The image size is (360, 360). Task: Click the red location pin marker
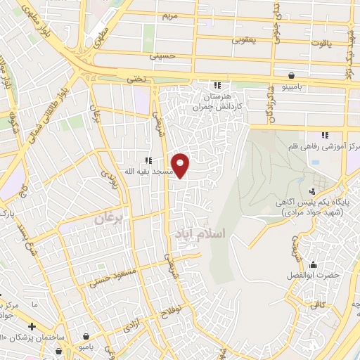point(181,165)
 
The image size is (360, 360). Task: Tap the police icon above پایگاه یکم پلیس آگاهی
point(313,191)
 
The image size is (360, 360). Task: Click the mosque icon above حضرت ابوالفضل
point(313,265)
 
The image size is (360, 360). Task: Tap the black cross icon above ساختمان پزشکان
point(32,327)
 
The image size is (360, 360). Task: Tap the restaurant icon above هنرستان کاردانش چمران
point(217,85)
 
